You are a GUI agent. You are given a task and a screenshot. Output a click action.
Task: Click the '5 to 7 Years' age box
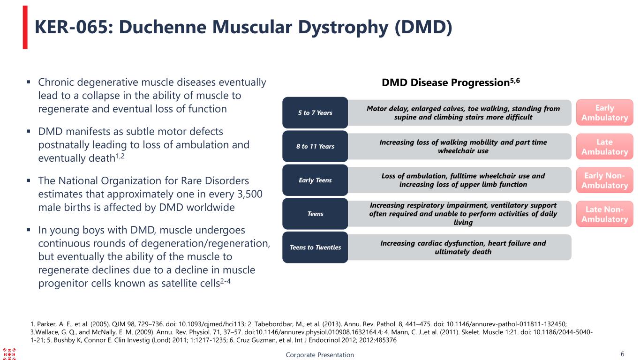pyautogui.click(x=315, y=113)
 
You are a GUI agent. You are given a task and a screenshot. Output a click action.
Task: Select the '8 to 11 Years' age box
pyautogui.click(x=315, y=147)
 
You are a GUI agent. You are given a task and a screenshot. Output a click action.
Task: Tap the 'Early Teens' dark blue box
pyautogui.click(x=315, y=180)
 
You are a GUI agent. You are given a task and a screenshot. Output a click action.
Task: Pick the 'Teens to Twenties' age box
pyautogui.click(x=315, y=247)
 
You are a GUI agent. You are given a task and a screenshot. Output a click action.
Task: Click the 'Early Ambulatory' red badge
pyautogui.click(x=604, y=112)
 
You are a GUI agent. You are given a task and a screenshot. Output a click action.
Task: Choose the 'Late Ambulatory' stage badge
pyautogui.click(x=604, y=146)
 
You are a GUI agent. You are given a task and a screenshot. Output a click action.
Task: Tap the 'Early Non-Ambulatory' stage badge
pyautogui.click(x=604, y=180)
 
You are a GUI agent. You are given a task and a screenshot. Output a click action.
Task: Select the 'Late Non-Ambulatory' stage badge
pyautogui.click(x=604, y=214)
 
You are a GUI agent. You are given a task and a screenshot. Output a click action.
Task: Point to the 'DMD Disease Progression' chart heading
pyautogui.click(x=445, y=83)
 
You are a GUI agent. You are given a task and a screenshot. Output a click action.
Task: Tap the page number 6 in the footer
pyautogui.click(x=622, y=354)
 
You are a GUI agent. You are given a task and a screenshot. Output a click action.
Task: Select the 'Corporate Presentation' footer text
pyautogui.click(x=320, y=355)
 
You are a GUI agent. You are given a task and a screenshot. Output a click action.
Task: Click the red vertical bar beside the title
pyautogui.click(x=25, y=27)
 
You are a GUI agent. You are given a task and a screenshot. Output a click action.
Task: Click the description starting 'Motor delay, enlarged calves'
pyautogui.click(x=463, y=112)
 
